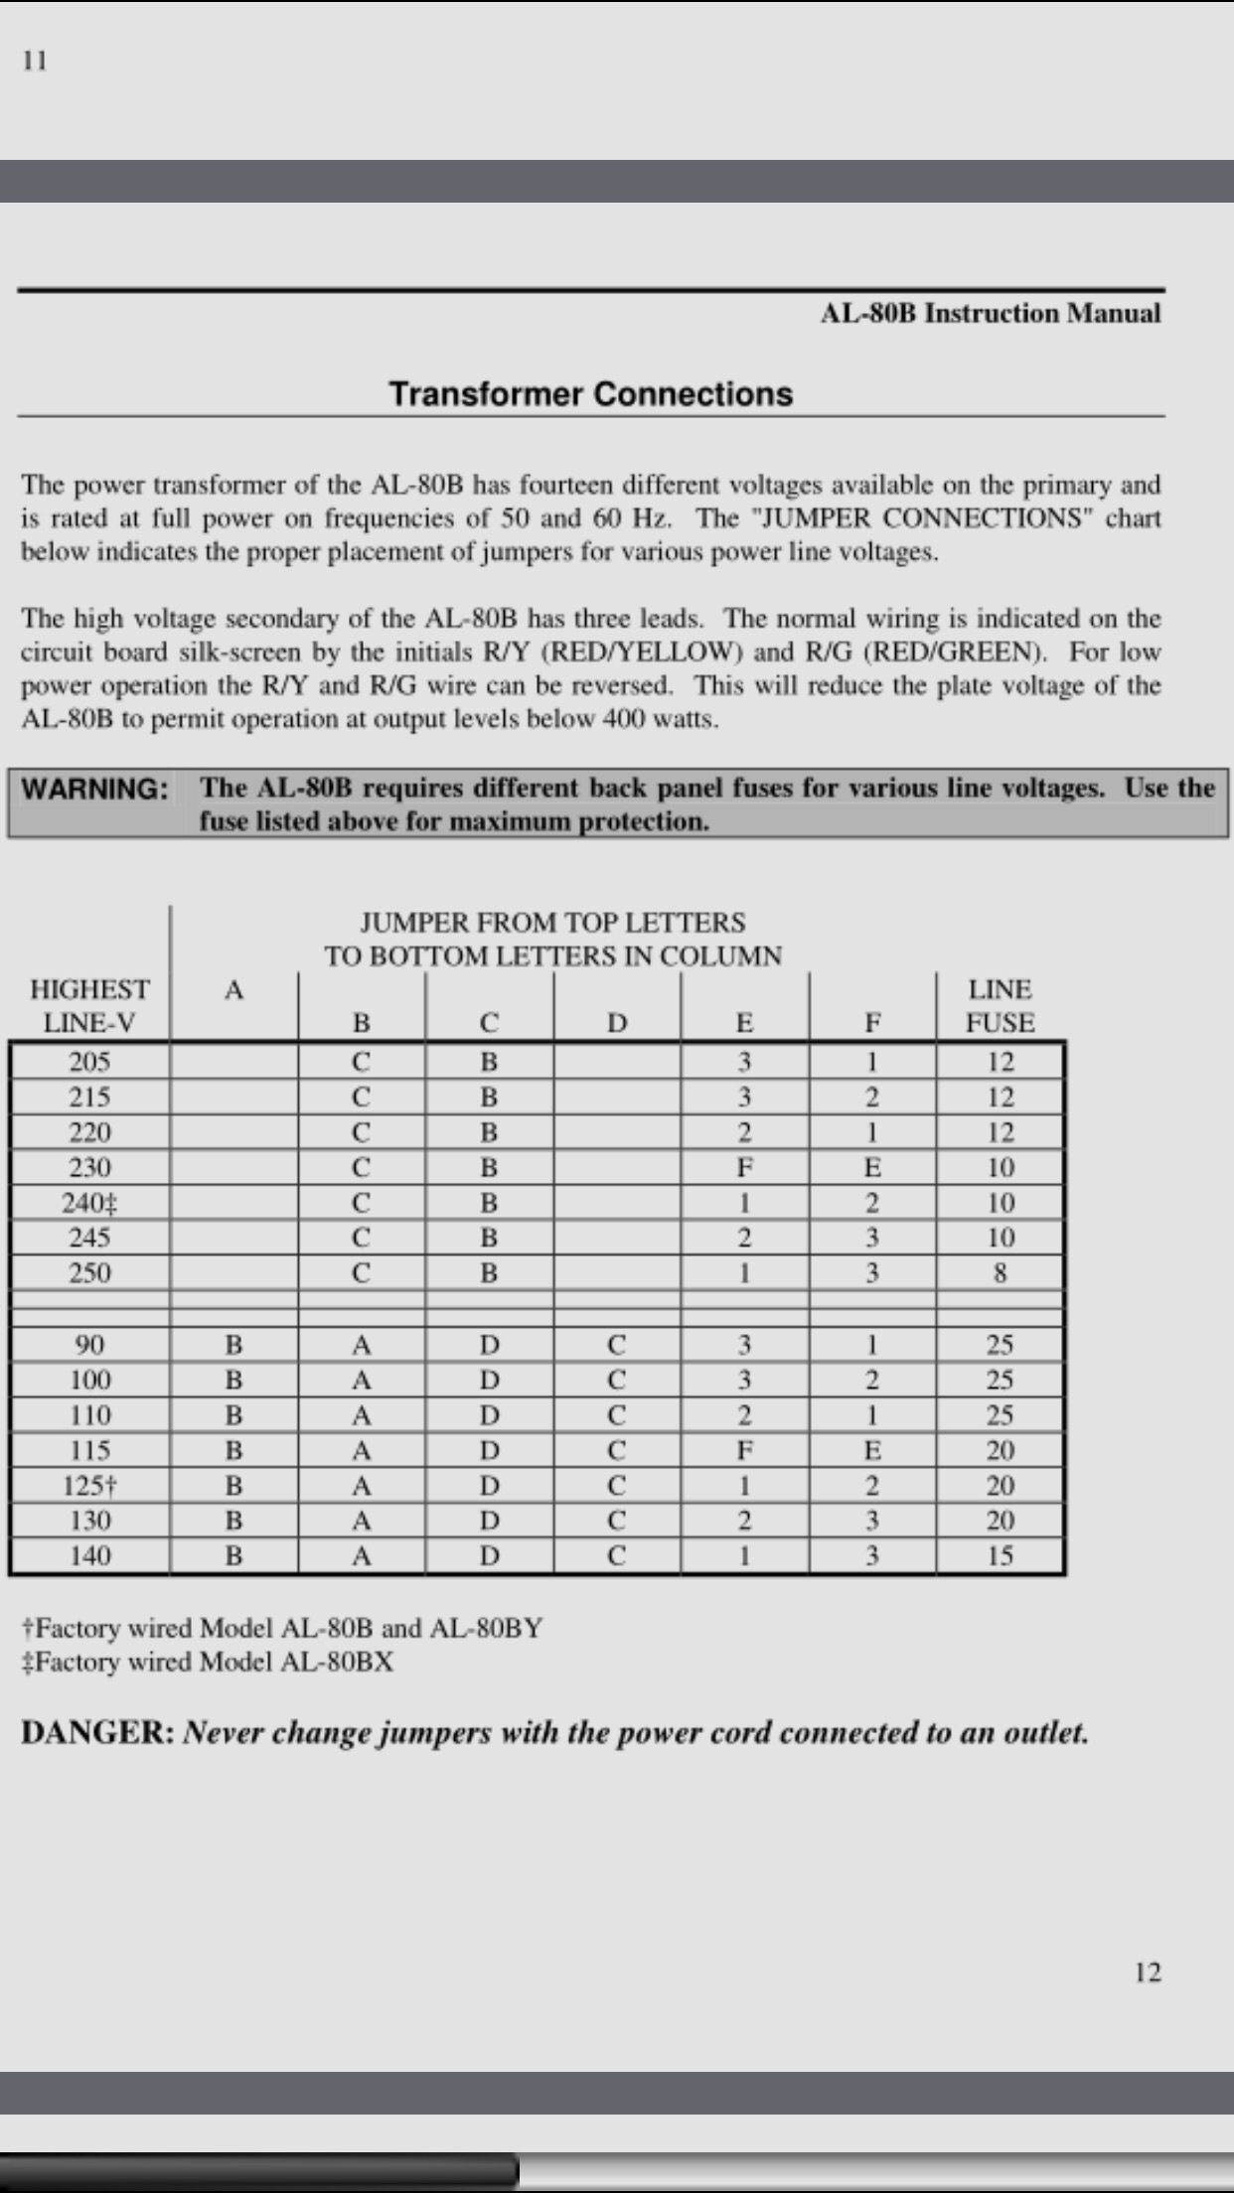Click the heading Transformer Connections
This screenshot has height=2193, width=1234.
tap(590, 394)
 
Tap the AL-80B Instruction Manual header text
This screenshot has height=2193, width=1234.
tap(990, 314)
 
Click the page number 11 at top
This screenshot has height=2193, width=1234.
tap(34, 61)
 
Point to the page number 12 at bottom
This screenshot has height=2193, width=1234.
tap(1147, 1972)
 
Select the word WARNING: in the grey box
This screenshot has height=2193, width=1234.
tap(95, 789)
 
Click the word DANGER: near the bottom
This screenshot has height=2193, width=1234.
tap(97, 1733)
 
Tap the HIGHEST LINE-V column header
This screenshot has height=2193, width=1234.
tap(89, 1005)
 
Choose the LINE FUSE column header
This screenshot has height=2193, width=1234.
tap(1000, 1005)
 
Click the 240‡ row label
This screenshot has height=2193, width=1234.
tap(89, 1203)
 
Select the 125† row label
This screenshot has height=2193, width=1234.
tap(89, 1486)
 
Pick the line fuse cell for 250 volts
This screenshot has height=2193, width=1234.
tap(1000, 1273)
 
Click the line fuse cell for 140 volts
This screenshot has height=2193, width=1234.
tap(1000, 1556)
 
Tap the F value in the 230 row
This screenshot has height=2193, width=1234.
tap(744, 1168)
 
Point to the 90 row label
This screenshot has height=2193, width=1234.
tap(89, 1345)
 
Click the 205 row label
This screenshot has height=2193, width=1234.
tap(89, 1063)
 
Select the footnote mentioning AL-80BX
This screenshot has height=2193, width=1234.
tap(208, 1662)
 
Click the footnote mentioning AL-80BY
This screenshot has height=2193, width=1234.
tap(282, 1628)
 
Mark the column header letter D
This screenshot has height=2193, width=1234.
tap(617, 1023)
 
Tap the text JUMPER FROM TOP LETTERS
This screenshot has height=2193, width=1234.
tap(552, 923)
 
